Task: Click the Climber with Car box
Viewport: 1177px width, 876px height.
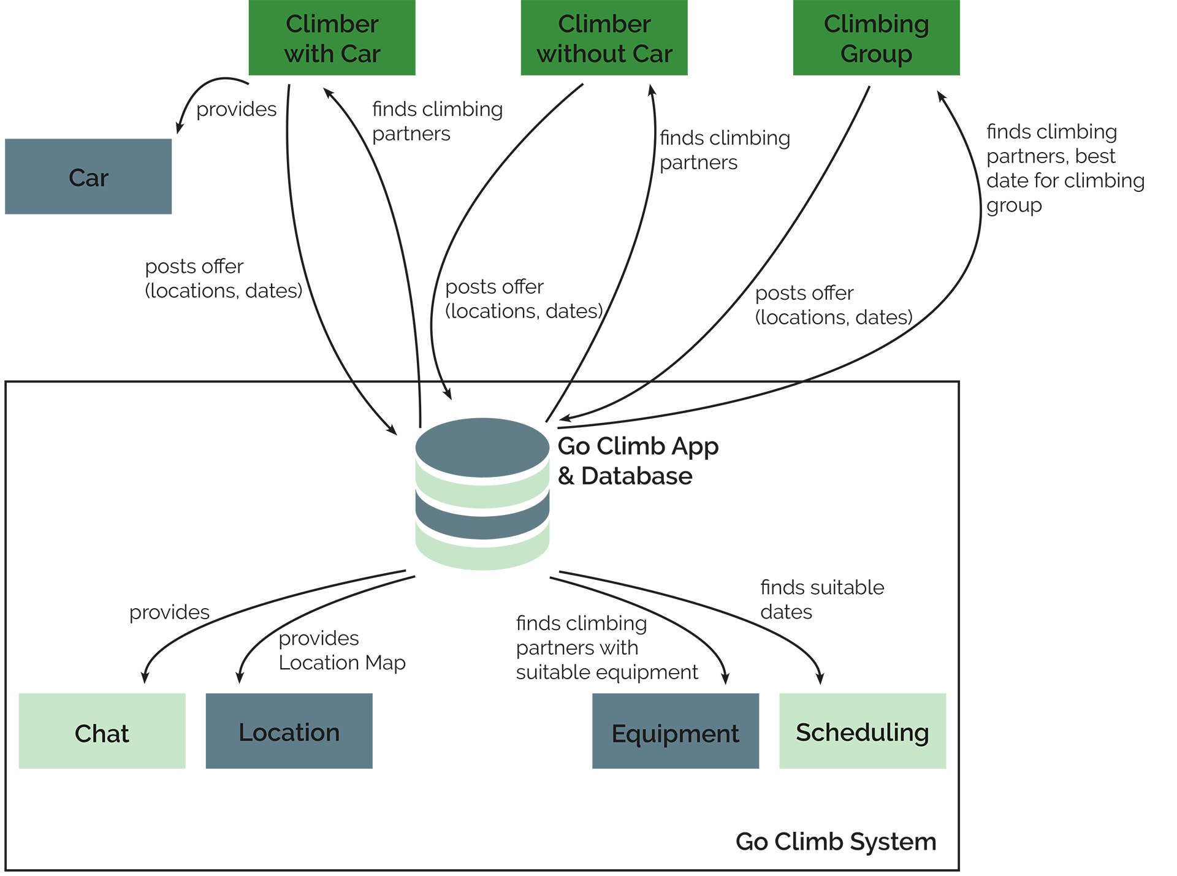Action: pos(332,38)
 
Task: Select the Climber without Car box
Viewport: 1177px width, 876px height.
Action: pos(604,38)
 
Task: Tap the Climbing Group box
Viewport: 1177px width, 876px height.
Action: pos(876,38)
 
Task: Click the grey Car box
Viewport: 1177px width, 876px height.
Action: pos(88,177)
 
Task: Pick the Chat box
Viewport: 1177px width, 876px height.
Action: pos(102,731)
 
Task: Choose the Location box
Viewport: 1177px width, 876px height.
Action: pos(289,731)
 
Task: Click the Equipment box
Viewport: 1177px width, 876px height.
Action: pos(675,731)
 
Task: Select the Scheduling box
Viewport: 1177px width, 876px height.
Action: pos(862,731)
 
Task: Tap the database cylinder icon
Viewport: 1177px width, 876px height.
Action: pos(482,493)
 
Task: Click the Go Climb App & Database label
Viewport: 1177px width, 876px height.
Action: pos(638,461)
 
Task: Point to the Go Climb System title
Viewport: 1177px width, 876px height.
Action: pos(836,842)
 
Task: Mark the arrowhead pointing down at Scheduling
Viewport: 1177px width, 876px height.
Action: pos(820,679)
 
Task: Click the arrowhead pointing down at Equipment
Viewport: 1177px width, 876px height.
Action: pos(726,679)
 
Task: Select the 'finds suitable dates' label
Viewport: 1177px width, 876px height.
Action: pos(821,600)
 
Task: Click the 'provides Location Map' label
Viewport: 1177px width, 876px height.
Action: pos(341,650)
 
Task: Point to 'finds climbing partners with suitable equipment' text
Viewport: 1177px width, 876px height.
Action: pos(606,648)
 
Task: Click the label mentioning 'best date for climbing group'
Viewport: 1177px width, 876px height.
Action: pos(1065,169)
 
